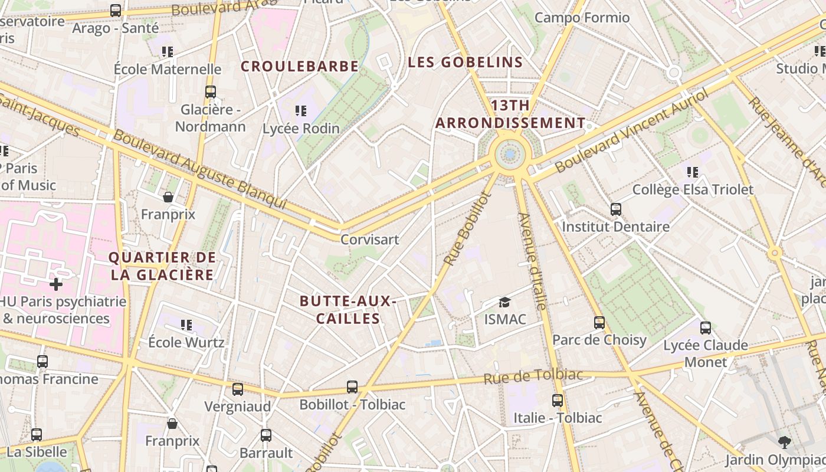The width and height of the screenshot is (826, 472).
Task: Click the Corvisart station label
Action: pyautogui.click(x=370, y=240)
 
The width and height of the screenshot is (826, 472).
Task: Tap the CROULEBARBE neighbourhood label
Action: pyautogui.click(x=300, y=66)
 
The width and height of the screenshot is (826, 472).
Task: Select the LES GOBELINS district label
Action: pyautogui.click(x=466, y=62)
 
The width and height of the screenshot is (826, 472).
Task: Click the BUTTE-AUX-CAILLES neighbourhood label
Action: pyautogui.click(x=348, y=310)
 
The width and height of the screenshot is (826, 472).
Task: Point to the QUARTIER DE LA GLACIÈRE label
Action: pyautogui.click(x=162, y=266)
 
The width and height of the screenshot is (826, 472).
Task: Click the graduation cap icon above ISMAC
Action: pyautogui.click(x=504, y=303)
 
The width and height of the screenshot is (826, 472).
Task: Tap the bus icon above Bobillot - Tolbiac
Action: pyautogui.click(x=352, y=387)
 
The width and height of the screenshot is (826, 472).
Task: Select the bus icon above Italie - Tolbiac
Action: pyautogui.click(x=558, y=401)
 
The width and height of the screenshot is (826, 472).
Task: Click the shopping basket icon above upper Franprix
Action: pyautogui.click(x=168, y=196)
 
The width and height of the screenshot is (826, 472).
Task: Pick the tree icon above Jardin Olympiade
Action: pyautogui.click(x=784, y=442)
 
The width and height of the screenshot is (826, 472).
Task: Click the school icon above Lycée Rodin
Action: pyautogui.click(x=301, y=110)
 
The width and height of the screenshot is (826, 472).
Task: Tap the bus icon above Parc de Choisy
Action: pyautogui.click(x=599, y=323)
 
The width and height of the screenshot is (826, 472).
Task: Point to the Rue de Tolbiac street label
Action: pyautogui.click(x=533, y=376)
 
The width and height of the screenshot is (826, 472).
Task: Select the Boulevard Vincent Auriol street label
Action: pyautogui.click(x=631, y=131)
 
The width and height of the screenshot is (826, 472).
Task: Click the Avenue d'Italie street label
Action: pyautogui.click(x=532, y=261)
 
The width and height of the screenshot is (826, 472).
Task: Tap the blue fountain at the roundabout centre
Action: pyautogui.click(x=510, y=155)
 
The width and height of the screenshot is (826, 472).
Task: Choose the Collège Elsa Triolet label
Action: pyautogui.click(x=693, y=189)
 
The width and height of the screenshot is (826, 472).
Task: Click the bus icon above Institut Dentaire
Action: pyautogui.click(x=616, y=209)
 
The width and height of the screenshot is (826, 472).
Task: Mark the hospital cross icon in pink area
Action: pyautogui.click(x=56, y=284)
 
